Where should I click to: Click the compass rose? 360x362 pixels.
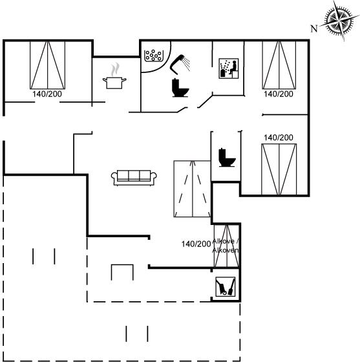coord(339,21)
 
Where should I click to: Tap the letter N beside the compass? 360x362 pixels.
coord(314,29)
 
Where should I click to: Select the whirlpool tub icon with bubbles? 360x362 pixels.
coord(154,56)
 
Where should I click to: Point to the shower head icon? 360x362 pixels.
coord(180,64)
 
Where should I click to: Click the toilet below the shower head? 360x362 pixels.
coord(180,88)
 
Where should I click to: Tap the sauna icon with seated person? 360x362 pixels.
coord(228,69)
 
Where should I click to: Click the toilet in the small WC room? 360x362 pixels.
coord(227,158)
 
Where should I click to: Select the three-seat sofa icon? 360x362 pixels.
coord(134,178)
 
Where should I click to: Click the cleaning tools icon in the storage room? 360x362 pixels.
coord(226,287)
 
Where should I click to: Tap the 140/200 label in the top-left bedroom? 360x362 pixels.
coord(47,94)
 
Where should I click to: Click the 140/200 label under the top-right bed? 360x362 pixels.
coord(279,94)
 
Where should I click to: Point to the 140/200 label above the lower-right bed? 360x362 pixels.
coord(279,138)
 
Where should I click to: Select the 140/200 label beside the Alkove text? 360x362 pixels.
coord(196,244)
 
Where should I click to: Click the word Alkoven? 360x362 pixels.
coord(226,251)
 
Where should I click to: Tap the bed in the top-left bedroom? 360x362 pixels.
coord(48,65)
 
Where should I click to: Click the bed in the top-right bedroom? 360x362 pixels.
coord(279,65)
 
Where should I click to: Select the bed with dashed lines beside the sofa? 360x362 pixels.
coord(192,189)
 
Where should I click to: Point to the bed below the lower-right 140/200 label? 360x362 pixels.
coord(279,169)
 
